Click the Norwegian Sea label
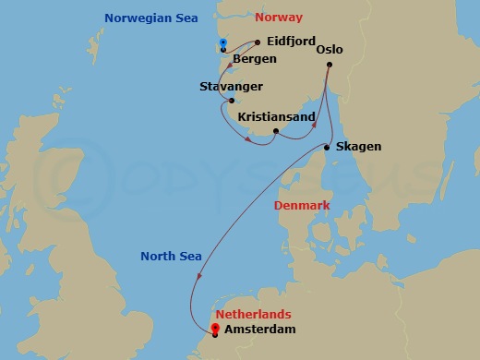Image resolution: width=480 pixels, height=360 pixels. click(x=150, y=18)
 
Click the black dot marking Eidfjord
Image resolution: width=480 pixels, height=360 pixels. click(x=257, y=42)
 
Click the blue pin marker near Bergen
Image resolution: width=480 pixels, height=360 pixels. click(x=223, y=43)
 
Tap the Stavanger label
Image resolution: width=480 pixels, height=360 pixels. click(x=231, y=87)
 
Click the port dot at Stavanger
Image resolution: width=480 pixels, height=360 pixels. click(x=232, y=101)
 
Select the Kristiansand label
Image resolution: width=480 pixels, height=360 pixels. click(x=277, y=117)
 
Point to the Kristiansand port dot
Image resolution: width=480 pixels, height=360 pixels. click(x=276, y=131)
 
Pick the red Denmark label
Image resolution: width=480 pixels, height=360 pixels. click(x=302, y=205)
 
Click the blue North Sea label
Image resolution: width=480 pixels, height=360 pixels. click(x=170, y=257)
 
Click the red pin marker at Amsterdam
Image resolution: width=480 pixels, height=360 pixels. click(x=215, y=328)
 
